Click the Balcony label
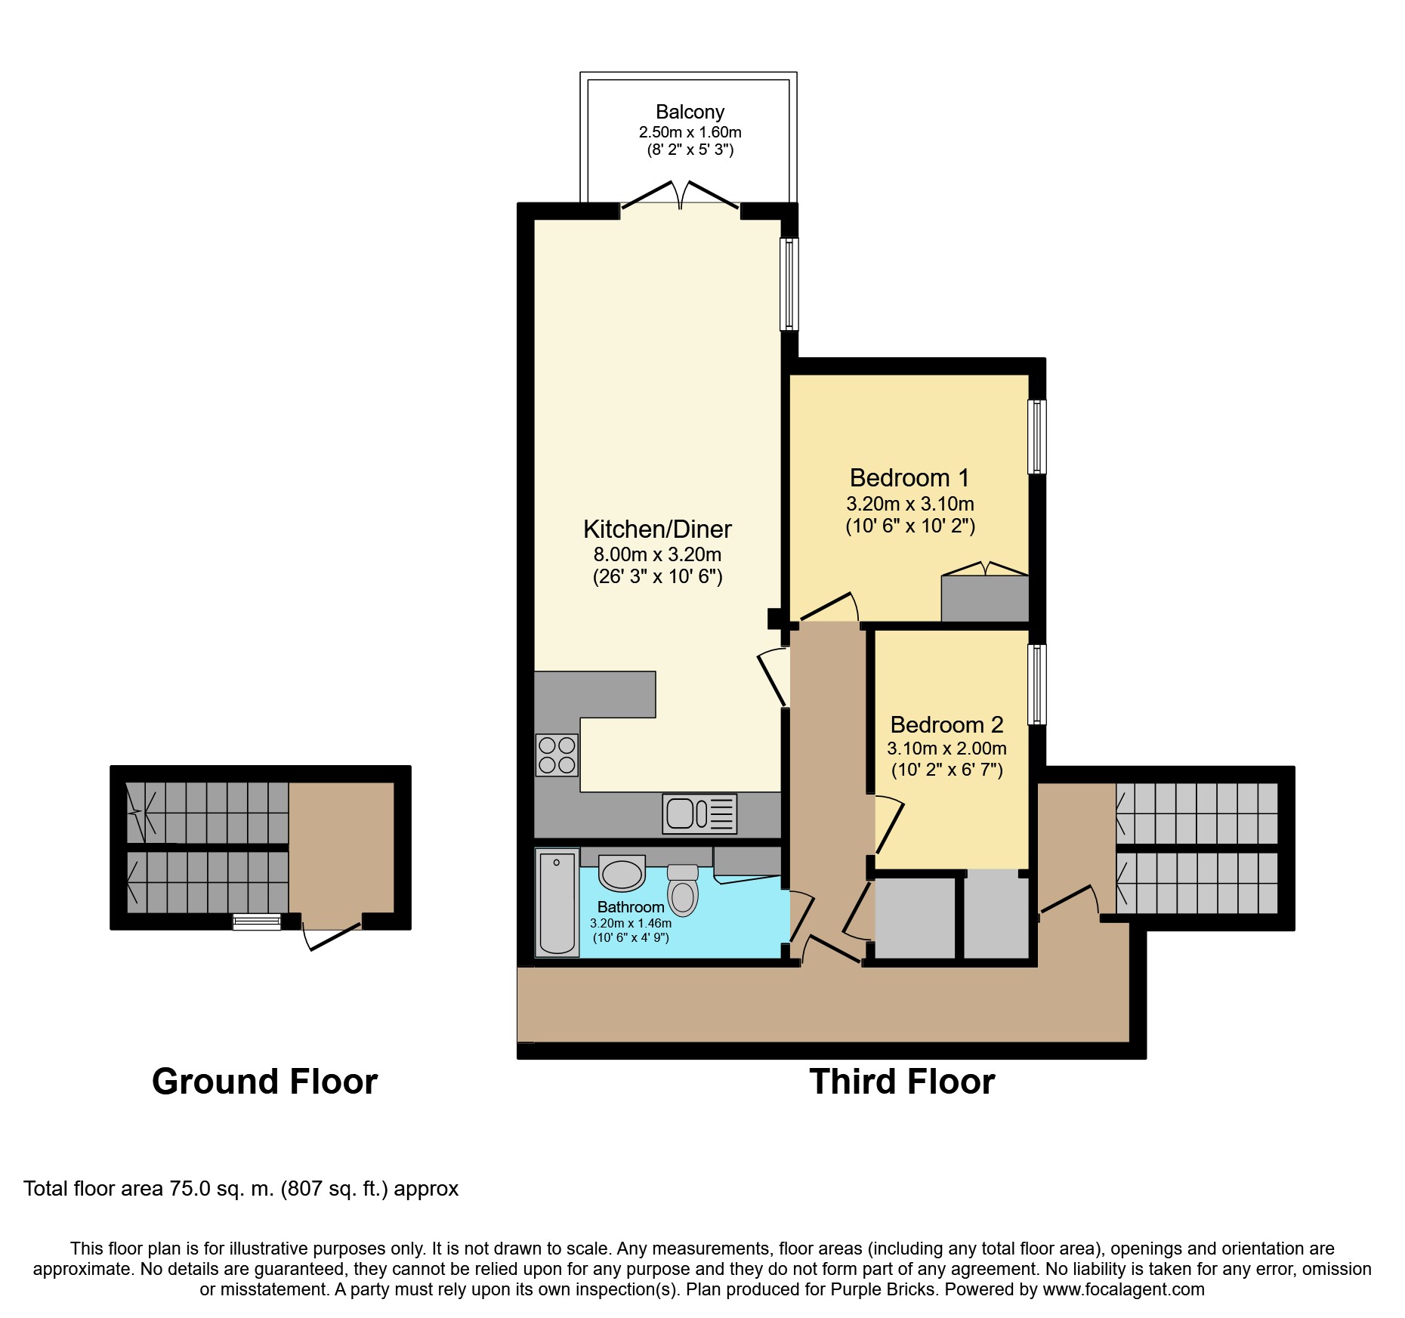tap(690, 112)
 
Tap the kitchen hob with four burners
tap(557, 755)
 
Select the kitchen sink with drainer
tap(699, 813)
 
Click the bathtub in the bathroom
tap(557, 903)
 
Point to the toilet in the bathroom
tap(683, 890)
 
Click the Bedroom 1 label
tap(909, 477)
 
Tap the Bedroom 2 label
tap(946, 724)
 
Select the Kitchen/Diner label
tap(657, 529)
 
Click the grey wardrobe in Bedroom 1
tap(985, 598)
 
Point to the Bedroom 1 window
tap(1037, 437)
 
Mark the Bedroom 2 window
tap(1037, 684)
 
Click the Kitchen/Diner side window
tap(789, 284)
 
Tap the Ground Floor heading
tap(264, 1082)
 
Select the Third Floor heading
tap(902, 1082)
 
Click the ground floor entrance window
tap(257, 921)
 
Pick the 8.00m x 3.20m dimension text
tap(657, 554)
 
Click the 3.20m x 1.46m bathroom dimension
tap(631, 923)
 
